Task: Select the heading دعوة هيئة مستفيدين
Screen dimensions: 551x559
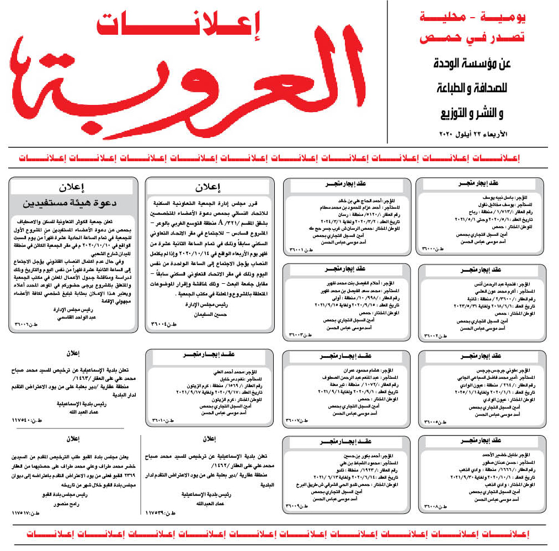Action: click(72, 203)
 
